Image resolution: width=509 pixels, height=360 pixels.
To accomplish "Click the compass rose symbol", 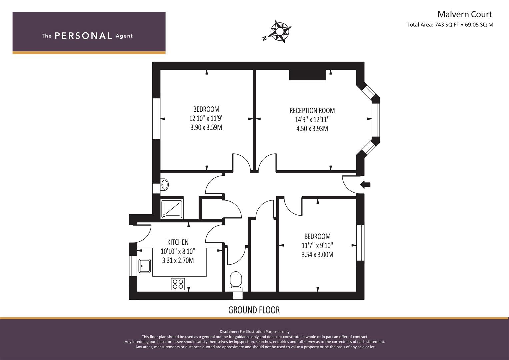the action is (280, 31).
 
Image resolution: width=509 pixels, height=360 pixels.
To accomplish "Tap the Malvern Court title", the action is (465, 14).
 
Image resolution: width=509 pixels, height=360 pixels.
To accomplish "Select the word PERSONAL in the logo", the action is (83, 36).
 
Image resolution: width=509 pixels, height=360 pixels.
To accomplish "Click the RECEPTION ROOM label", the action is (312, 111).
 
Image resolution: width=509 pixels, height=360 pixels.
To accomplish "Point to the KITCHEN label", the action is (178, 242).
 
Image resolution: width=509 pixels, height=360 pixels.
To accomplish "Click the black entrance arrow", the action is (365, 185).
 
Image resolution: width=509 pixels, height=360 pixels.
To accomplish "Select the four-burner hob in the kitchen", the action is (178, 284).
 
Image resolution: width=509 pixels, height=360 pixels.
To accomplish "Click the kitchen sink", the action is (145, 266).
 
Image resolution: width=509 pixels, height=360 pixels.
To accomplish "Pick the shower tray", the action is (172, 209).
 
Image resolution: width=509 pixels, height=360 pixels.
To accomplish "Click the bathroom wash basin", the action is (164, 185).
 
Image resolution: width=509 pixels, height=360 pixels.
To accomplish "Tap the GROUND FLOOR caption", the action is (254, 310).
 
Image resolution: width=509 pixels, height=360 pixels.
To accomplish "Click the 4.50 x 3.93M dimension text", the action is (312, 129).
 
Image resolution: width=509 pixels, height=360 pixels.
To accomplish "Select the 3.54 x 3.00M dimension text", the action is (317, 255).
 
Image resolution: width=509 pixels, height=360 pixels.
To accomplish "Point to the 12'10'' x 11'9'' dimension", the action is (206, 118).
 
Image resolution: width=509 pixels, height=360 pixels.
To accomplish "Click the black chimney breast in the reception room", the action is (307, 75).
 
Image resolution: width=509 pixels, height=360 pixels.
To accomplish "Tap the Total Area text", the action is (450, 25).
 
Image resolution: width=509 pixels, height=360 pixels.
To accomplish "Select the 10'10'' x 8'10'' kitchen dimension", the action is (178, 251).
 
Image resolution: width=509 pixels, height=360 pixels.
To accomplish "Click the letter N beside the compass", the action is (264, 39).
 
